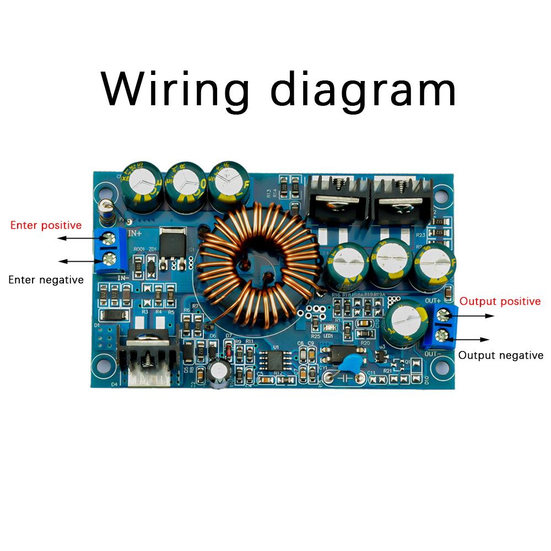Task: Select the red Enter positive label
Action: tap(46, 225)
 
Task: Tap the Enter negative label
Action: tap(46, 280)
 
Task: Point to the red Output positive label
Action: tap(500, 301)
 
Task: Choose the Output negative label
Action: tap(500, 355)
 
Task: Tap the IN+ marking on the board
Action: tap(136, 234)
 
